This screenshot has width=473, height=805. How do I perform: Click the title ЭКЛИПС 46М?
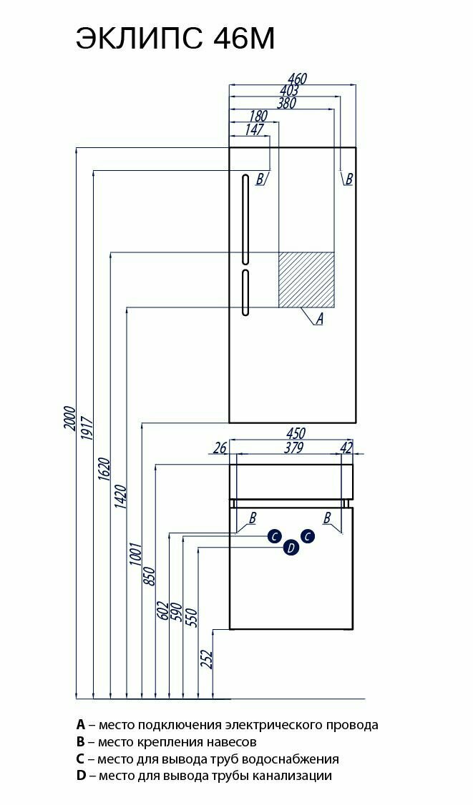click(x=175, y=39)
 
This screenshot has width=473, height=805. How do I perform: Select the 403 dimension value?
click(x=289, y=91)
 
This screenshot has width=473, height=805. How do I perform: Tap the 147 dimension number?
click(x=255, y=129)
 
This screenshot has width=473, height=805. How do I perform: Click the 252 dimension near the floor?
click(x=207, y=658)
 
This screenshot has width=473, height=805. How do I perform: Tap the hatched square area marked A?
click(x=306, y=280)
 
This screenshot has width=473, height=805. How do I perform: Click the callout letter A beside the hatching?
click(x=320, y=319)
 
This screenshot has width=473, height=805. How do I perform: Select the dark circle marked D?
click(x=291, y=548)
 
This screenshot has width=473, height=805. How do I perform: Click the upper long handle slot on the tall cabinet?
click(x=245, y=219)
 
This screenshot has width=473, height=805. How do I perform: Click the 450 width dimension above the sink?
click(x=296, y=434)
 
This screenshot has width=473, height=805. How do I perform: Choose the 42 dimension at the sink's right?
click(x=347, y=448)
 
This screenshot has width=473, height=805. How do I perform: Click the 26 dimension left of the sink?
click(x=220, y=448)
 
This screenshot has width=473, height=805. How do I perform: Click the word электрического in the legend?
click(x=267, y=725)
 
